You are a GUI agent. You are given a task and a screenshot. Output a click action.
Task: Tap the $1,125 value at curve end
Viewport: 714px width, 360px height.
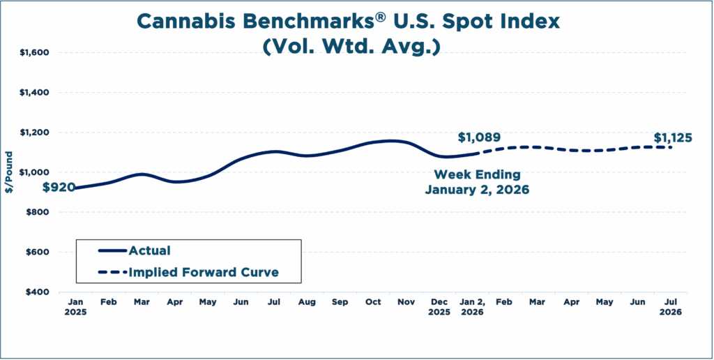pos(673,138)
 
